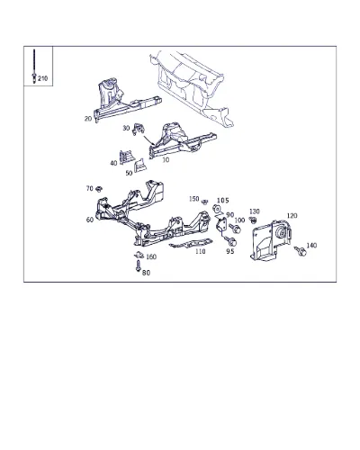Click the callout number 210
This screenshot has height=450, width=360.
coord(43,78)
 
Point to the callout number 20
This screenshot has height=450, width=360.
coord(88,119)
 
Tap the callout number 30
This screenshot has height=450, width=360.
coord(126,128)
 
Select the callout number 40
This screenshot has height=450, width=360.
coord(113,163)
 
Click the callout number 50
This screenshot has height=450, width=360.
coord(129,173)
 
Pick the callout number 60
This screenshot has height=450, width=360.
coord(90,220)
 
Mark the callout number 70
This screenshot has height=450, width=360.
coord(90,188)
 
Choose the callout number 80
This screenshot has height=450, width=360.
coord(146,273)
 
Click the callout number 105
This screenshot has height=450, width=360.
coord(223,201)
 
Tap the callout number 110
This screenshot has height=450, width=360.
coord(201,251)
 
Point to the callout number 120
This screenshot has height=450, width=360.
coord(292,216)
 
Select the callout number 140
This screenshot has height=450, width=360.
coord(311,246)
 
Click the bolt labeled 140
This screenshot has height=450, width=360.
coord(300,251)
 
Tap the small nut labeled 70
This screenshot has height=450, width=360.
coord(99,189)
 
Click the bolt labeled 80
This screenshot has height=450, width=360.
coord(138,265)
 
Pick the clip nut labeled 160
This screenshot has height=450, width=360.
coord(139,255)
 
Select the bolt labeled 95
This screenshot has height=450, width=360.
coord(230,240)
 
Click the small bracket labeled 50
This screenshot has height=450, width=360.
coord(139,166)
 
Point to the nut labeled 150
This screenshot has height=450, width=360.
coord(204,202)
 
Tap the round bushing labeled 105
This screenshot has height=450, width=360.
coord(216,209)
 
